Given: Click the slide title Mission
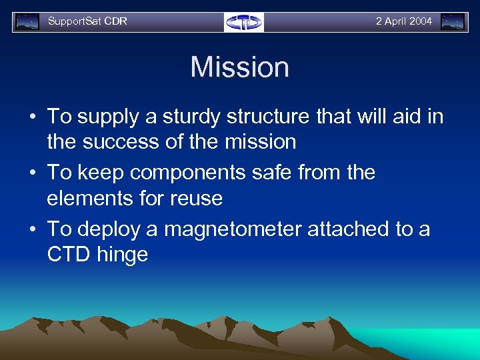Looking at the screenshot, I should click(x=239, y=67).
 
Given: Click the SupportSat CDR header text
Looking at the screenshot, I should click(x=87, y=21).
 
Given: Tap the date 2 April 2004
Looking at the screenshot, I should click(x=403, y=21).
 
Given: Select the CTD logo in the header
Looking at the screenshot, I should click(x=244, y=22).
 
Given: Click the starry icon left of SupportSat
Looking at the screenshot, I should click(x=27, y=22).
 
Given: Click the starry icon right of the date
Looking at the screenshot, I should click(x=453, y=22).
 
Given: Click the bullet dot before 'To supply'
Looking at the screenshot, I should click(x=33, y=117).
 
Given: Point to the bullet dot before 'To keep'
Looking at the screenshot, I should click(x=33, y=173).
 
